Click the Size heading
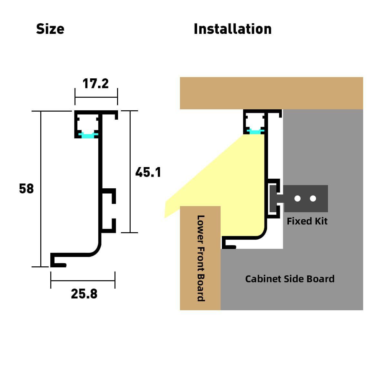point(50,29)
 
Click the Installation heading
point(233,29)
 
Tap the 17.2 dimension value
point(95,84)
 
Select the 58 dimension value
point(26,189)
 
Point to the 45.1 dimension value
point(148,172)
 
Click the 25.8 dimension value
point(84,294)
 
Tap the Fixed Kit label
point(307,221)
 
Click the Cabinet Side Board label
point(290,279)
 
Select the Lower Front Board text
point(201,258)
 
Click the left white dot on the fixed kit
point(297,198)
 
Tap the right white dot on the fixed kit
point(313,198)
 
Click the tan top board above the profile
point(271,93)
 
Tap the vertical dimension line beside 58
point(41,189)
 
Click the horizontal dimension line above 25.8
point(83,281)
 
